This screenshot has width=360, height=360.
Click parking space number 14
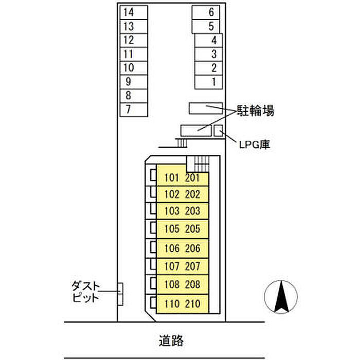(x=133, y=12)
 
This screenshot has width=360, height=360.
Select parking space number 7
(x=133, y=109)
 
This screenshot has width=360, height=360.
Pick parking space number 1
(x=208, y=81)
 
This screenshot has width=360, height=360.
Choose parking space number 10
(x=133, y=67)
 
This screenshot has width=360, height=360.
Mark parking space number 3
(x=208, y=53)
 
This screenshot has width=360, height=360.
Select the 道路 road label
(x=171, y=340)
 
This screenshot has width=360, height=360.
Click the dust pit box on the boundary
(x=121, y=294)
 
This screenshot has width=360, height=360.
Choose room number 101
(x=172, y=178)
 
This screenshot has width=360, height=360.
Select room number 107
(x=172, y=266)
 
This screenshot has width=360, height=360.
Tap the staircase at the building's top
(x=199, y=164)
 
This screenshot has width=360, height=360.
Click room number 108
(x=172, y=284)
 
